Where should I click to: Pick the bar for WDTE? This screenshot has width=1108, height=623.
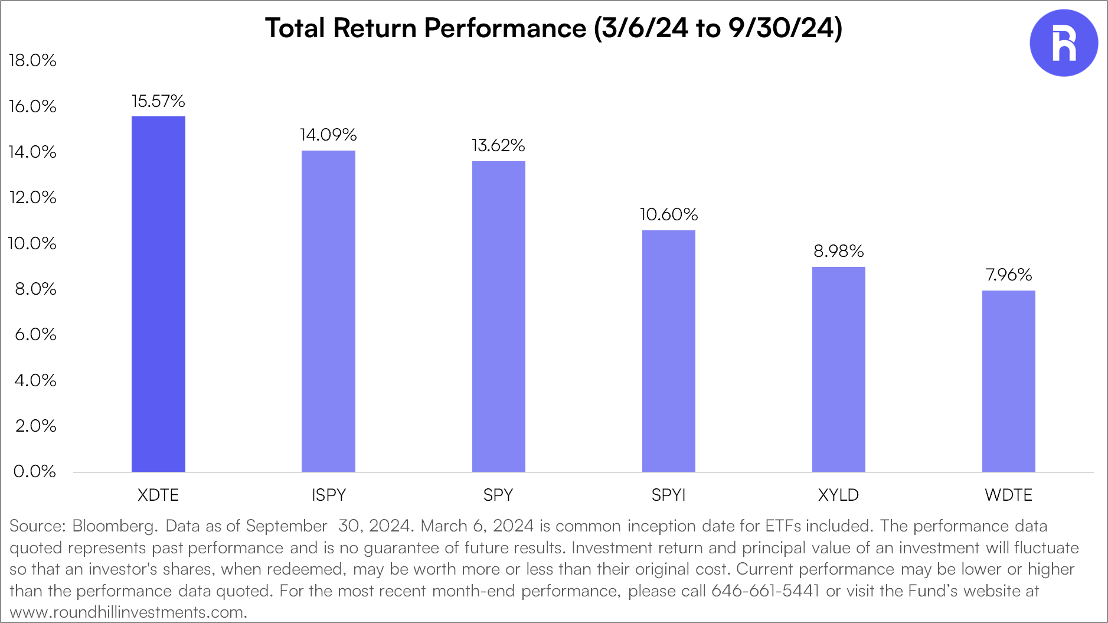[x=1008, y=381]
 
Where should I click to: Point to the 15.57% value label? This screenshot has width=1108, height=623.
[x=158, y=102]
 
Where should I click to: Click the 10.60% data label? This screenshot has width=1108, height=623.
[x=668, y=214]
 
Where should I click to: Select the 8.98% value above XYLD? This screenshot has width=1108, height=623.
[x=838, y=252]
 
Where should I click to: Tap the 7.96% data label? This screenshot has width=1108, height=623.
[x=1008, y=275]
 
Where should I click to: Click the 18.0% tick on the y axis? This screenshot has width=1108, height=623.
[x=33, y=60]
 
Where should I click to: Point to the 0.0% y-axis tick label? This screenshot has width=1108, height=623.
[x=34, y=471]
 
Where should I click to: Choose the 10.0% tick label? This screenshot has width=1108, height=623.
[x=32, y=243]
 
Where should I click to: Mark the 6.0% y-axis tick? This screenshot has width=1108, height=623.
[x=35, y=334]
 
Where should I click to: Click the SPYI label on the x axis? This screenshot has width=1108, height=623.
[x=668, y=495]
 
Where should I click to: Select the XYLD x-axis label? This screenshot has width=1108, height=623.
[x=838, y=495]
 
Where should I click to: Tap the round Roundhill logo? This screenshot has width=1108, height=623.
[x=1063, y=43]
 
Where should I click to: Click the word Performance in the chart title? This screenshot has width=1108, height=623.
[x=505, y=28]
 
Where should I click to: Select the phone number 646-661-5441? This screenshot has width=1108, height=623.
[x=765, y=591]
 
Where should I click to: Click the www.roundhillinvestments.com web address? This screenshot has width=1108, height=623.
[x=128, y=612]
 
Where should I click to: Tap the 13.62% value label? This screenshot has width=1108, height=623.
[x=498, y=146]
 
